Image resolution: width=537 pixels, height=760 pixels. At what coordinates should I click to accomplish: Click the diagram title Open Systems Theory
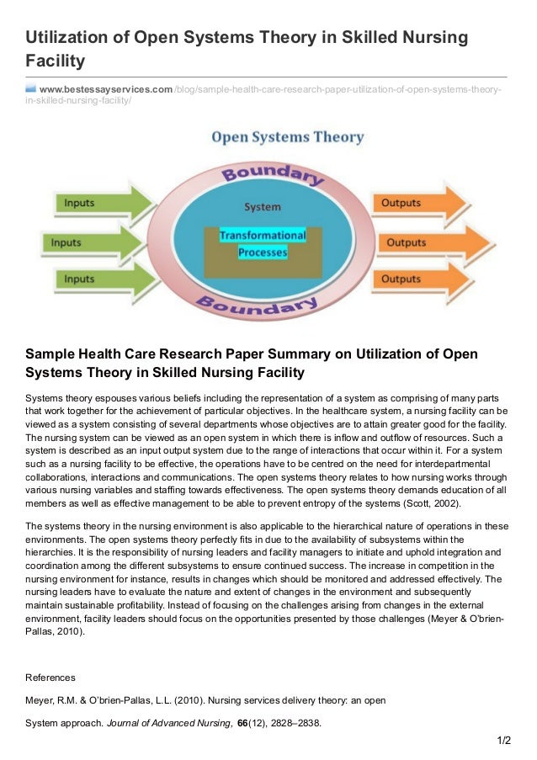[x=287, y=136]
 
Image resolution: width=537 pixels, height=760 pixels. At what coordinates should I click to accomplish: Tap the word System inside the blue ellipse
[x=263, y=206]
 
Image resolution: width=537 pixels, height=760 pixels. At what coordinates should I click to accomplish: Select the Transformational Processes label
[x=263, y=243]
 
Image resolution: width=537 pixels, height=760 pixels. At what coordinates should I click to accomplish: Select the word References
[x=51, y=677]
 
